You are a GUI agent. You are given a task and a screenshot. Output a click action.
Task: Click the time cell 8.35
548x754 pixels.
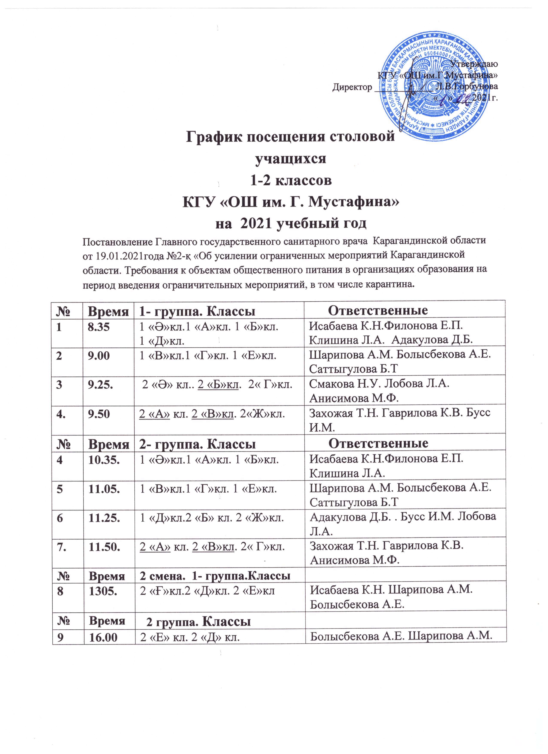coord(98,327)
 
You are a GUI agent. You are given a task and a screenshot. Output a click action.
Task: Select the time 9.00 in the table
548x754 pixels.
coord(98,356)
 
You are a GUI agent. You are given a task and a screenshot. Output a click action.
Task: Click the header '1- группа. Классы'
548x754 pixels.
coord(197,311)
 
